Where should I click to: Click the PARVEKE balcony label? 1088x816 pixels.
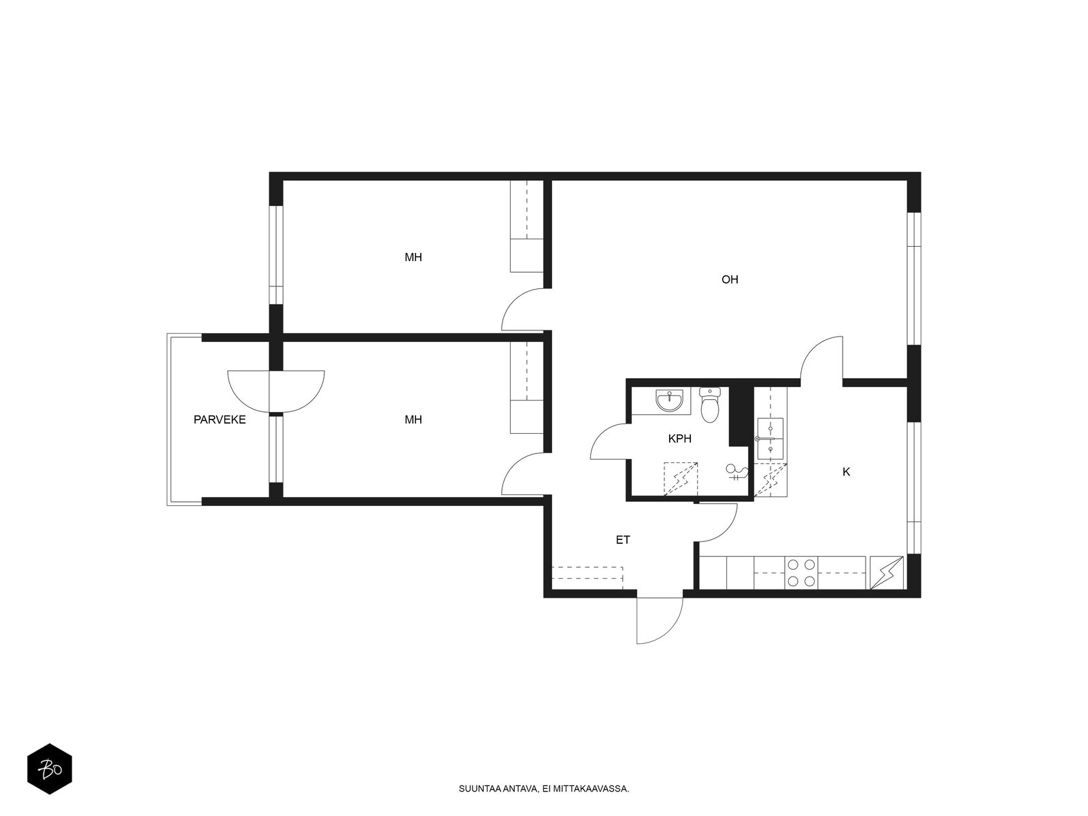[220, 420]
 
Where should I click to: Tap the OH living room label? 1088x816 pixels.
[730, 279]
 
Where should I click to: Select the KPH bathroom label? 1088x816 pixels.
[679, 439]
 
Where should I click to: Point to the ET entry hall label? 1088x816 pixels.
[623, 540]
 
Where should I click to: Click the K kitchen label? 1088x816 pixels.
[846, 472]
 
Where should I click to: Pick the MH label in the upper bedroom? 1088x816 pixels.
[413, 257]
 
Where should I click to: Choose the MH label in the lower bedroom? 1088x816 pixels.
[413, 420]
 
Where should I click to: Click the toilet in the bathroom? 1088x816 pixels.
[710, 405]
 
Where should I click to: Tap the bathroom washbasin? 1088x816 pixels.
[669, 401]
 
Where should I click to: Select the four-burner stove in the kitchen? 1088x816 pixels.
[801, 573]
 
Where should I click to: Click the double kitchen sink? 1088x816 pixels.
[770, 439]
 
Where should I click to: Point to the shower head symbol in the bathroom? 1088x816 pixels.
[736, 471]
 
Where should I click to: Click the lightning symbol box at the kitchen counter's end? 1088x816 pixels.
[887, 573]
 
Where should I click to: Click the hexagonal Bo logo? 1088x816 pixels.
[50, 769]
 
